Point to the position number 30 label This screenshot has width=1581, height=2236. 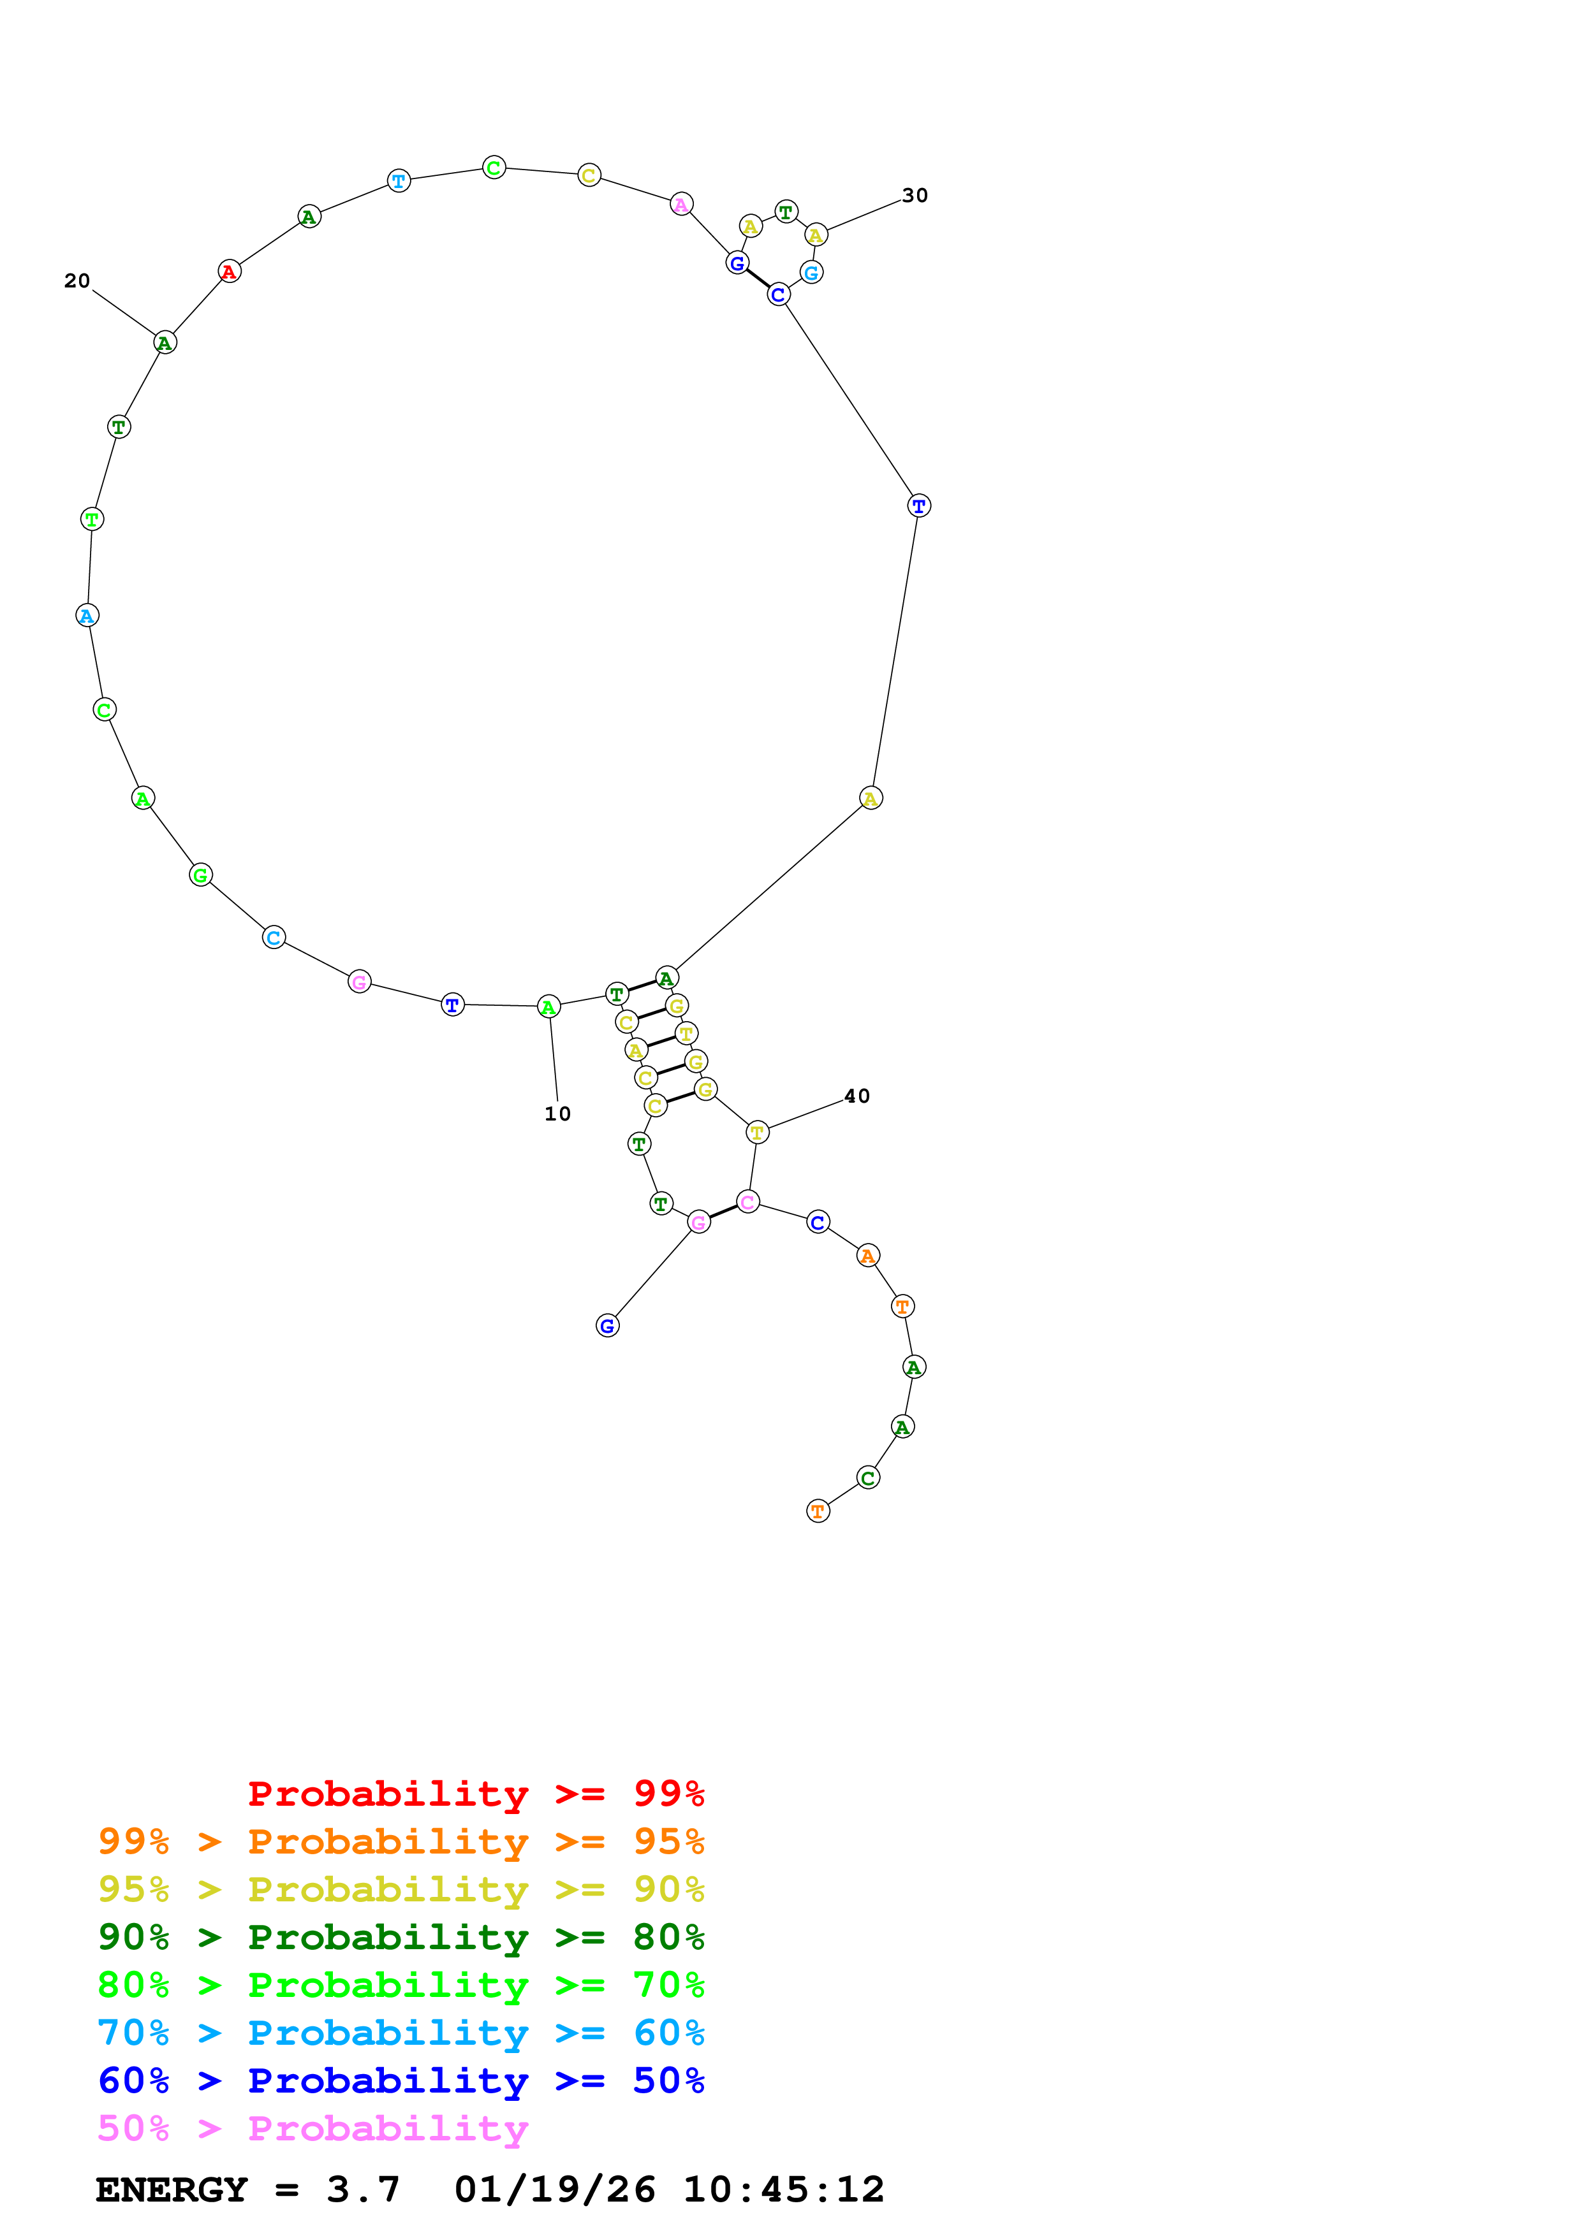tap(915, 196)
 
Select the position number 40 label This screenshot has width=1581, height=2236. tap(857, 1096)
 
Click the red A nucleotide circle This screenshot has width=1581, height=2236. tap(229, 272)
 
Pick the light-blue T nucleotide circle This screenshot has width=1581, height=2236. tap(399, 181)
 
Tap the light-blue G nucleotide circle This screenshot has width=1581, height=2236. tap(811, 273)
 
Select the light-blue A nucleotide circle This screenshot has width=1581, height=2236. tap(87, 616)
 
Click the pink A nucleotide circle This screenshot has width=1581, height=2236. tap(682, 205)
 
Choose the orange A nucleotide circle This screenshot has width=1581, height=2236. tap(868, 1256)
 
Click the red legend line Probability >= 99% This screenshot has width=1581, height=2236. tap(475, 1794)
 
